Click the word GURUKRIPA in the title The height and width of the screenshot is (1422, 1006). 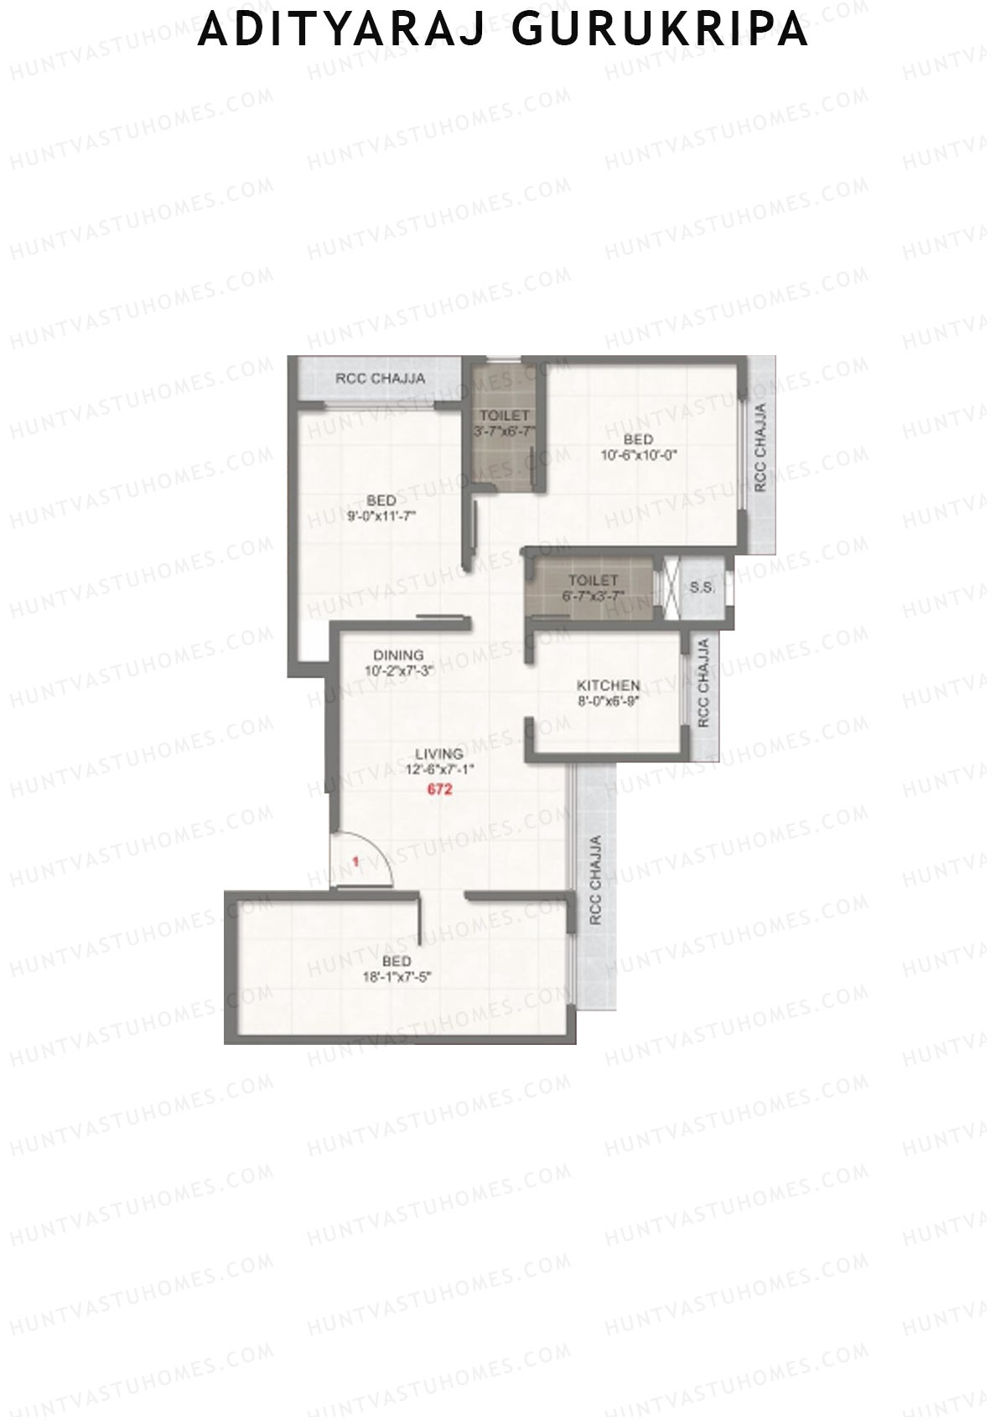[x=658, y=30]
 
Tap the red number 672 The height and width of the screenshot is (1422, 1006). [x=440, y=789]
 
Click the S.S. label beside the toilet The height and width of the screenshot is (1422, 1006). [x=703, y=588]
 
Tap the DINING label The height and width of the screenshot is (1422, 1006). [x=398, y=655]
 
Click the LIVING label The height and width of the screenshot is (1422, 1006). [x=440, y=753]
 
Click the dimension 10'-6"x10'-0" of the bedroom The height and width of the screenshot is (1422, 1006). [x=638, y=456]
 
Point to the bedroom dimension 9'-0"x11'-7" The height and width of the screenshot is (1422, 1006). [x=381, y=517]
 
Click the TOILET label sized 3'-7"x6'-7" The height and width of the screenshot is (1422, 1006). [x=504, y=416]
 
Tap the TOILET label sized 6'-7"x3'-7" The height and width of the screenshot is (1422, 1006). [x=593, y=581]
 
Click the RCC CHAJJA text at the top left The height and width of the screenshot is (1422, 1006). [x=380, y=379]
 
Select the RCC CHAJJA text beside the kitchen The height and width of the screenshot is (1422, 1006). [x=703, y=683]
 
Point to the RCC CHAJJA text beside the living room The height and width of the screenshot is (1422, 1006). [x=595, y=880]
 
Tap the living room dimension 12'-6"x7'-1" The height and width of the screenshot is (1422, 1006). [x=440, y=769]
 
